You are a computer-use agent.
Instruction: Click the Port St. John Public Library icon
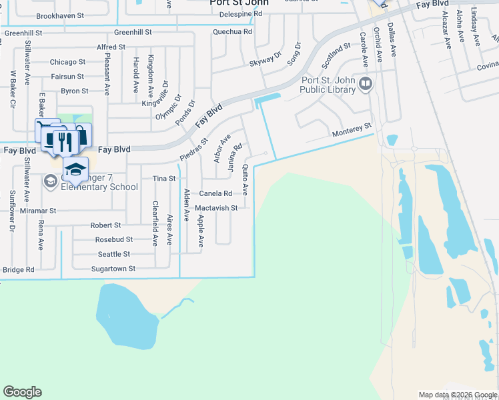pos(365,84)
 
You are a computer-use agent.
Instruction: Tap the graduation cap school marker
pos(76,169)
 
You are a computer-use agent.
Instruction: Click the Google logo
pos(22,392)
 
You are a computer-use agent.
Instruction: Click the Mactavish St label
pos(216,208)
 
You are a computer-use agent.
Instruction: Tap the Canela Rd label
pos(215,194)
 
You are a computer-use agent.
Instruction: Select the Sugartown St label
pos(113,269)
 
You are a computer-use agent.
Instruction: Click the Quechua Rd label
pos(232,31)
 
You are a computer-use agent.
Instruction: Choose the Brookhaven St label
pos(59,15)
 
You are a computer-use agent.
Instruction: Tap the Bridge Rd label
pos(18,270)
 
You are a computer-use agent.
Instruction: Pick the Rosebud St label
pos(113,239)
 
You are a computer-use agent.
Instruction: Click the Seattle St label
pos(113,254)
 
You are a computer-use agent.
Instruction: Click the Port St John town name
pos(239,3)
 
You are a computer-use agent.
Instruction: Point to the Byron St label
pos(75,91)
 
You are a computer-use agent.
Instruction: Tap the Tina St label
pos(163,179)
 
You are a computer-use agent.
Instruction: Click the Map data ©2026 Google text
pos(458,395)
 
